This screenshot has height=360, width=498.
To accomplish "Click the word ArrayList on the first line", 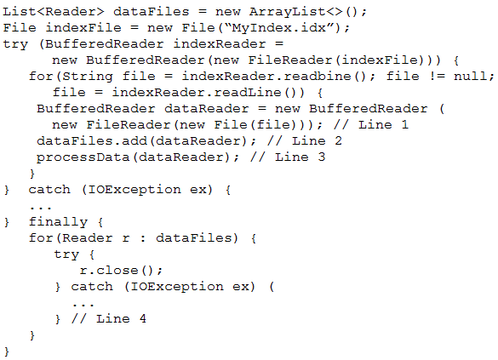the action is [287, 12].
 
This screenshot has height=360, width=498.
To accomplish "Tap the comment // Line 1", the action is [371, 124].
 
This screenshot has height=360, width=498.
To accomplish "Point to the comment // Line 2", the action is [305, 140].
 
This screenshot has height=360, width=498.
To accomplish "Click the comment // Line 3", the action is [288, 157].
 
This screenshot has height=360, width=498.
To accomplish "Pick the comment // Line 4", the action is [109, 318].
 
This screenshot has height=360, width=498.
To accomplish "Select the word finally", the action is [58, 221].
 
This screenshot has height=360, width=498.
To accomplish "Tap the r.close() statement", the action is [121, 270].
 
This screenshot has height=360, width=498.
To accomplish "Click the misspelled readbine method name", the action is [318, 77].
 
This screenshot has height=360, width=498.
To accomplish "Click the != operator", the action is [437, 77].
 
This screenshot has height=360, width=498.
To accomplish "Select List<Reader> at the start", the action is [54, 12].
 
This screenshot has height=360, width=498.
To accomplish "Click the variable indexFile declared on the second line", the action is [83, 28].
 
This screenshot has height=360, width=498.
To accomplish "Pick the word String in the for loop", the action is [88, 77].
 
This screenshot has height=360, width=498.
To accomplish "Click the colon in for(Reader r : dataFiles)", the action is [143, 238].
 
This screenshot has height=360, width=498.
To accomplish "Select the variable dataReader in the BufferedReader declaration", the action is [207, 109].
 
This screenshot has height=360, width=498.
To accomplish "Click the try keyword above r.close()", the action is [66, 254].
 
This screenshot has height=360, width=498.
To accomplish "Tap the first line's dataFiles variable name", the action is [152, 12].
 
